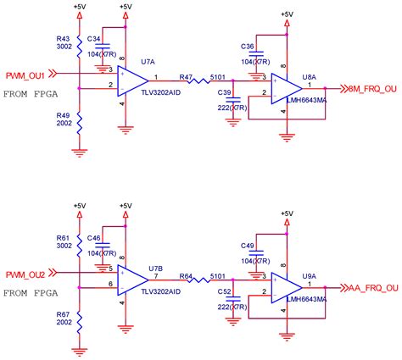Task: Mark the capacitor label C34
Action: coord(94,38)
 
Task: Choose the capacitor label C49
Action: coord(248,246)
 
